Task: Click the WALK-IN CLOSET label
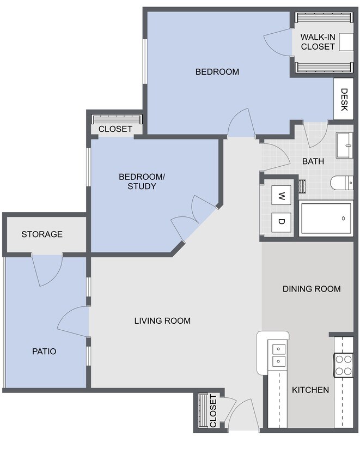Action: pyautogui.click(x=318, y=42)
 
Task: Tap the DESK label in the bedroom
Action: pyautogui.click(x=344, y=99)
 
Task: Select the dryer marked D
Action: pyautogui.click(x=281, y=221)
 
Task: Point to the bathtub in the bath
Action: pyautogui.click(x=326, y=218)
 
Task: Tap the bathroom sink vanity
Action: pyautogui.click(x=344, y=144)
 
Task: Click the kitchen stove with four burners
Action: pyautogui.click(x=344, y=365)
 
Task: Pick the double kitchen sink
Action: pyautogui.click(x=278, y=354)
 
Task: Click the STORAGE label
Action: pyautogui.click(x=42, y=234)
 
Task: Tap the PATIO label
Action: pyautogui.click(x=44, y=352)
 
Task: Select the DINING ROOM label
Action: pyautogui.click(x=312, y=289)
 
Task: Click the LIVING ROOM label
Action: pyautogui.click(x=162, y=320)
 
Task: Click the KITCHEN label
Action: pyautogui.click(x=310, y=390)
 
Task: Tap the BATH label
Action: pyautogui.click(x=313, y=161)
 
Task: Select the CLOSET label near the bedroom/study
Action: pyautogui.click(x=115, y=129)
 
